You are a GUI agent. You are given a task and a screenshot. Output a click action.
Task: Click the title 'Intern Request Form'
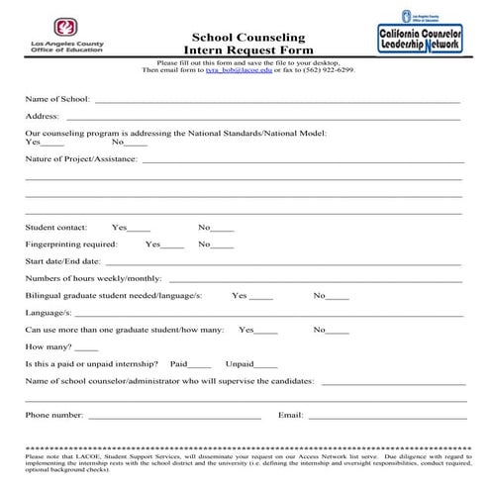(x=247, y=51)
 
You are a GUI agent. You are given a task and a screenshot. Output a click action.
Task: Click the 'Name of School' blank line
(x=277, y=101)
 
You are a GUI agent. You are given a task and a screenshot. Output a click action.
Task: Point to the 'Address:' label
(x=43, y=117)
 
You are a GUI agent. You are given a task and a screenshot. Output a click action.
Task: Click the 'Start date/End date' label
(x=62, y=261)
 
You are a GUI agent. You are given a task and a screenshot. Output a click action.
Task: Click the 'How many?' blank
(x=86, y=348)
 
